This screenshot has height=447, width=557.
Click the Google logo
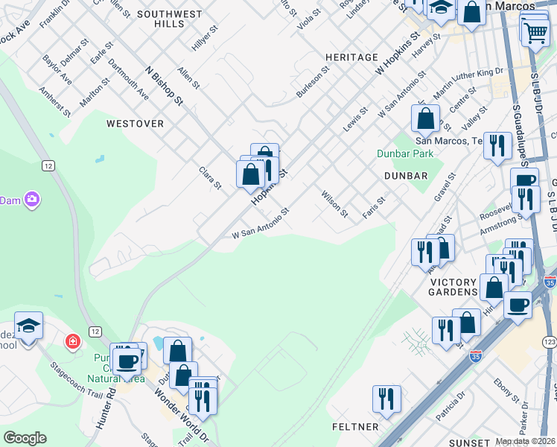25,438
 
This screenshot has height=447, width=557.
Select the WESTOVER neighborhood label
135,124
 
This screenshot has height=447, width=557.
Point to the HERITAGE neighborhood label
351,57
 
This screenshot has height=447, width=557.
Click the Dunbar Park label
405,153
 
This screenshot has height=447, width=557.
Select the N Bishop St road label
164,86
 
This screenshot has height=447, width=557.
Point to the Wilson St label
334,203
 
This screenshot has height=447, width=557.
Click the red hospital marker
72,342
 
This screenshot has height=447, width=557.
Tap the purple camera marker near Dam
31,200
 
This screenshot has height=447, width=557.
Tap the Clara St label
210,177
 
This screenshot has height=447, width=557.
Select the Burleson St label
313,83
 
